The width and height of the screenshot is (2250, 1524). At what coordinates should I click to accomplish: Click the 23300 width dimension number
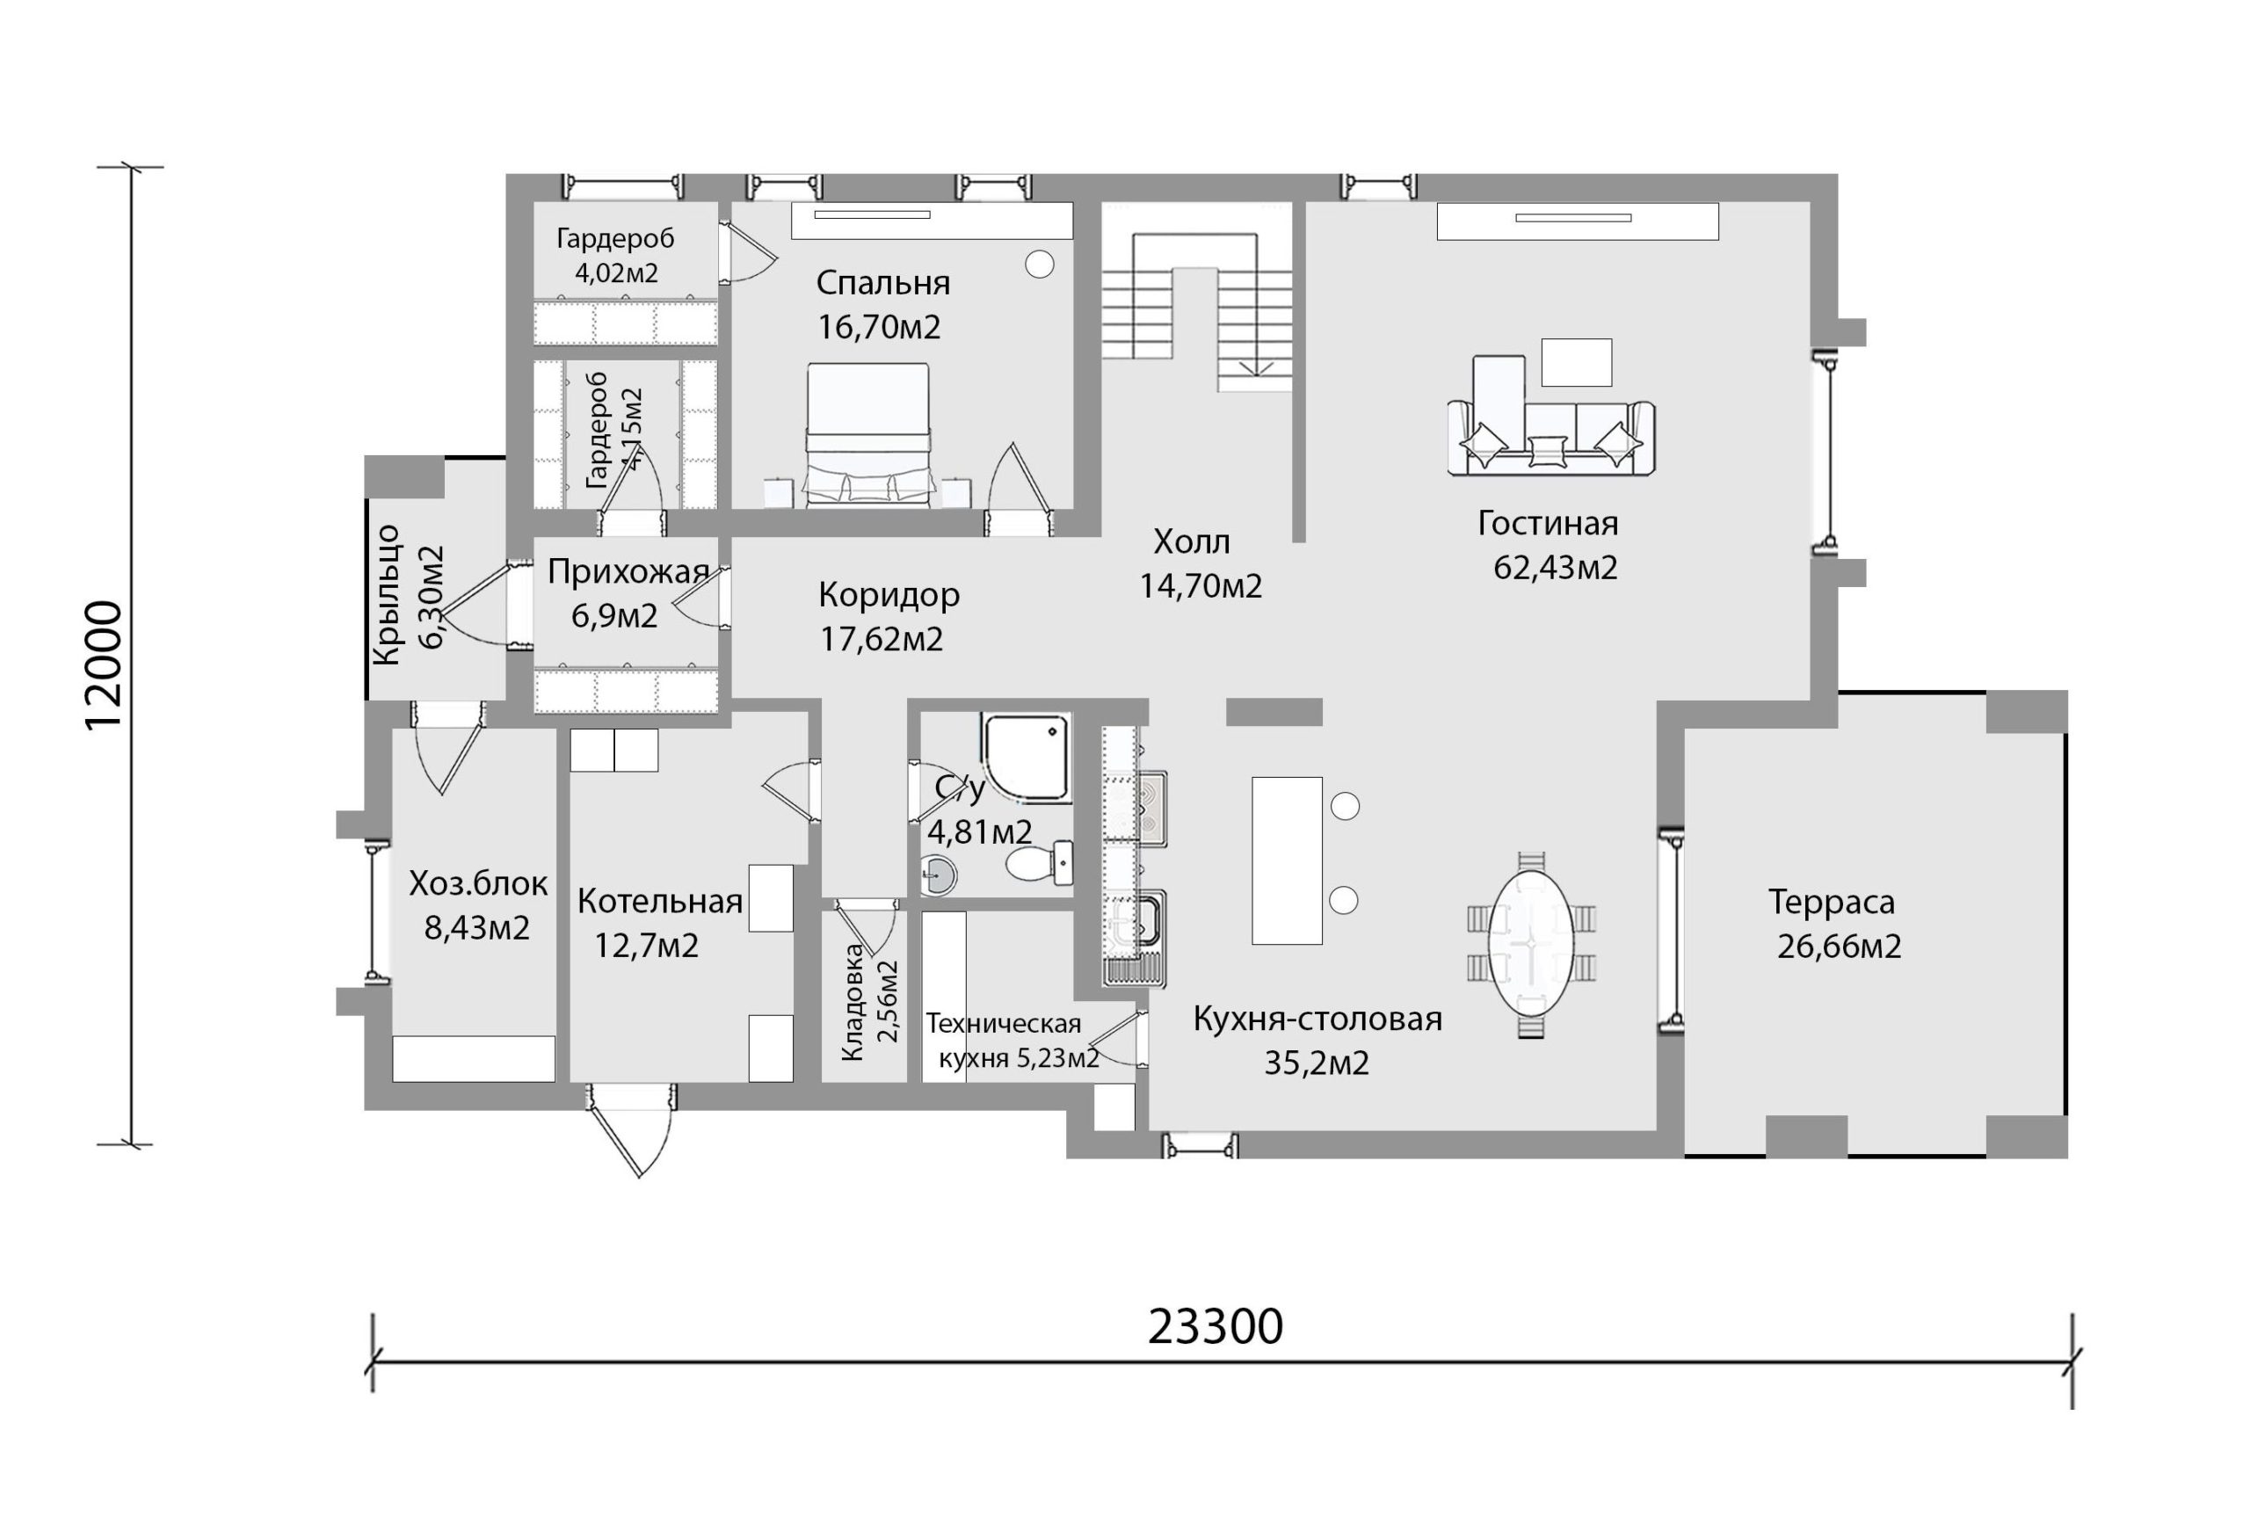pos(1215,1326)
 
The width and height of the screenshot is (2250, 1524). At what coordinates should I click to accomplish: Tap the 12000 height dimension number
pos(105,665)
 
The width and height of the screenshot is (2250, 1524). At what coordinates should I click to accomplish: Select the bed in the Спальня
pos(868,435)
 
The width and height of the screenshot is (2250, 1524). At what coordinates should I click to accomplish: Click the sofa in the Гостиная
pos(1551,436)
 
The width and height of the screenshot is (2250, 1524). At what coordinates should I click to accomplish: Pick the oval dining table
pos(1531,942)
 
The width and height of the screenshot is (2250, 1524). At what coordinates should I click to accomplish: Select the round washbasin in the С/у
pos(936,875)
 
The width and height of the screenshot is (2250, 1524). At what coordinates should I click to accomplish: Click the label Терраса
pos(1832,902)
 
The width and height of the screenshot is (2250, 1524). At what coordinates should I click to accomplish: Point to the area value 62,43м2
pos(1556,568)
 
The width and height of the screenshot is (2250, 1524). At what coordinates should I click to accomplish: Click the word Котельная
pos(660,902)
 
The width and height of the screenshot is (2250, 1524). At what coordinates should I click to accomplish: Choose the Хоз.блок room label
pos(478,884)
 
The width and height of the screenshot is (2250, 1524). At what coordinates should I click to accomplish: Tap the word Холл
pos(1192,542)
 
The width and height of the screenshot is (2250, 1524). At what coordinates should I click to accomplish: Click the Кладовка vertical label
pos(852,1002)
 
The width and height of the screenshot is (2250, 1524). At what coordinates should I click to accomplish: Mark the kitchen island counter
pos(1287,860)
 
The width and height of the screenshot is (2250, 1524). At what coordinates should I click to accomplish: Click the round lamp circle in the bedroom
pos(1040,265)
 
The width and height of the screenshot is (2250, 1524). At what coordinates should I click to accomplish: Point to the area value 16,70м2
pos(879,327)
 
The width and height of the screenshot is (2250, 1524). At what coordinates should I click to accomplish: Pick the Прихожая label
pos(628,572)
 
